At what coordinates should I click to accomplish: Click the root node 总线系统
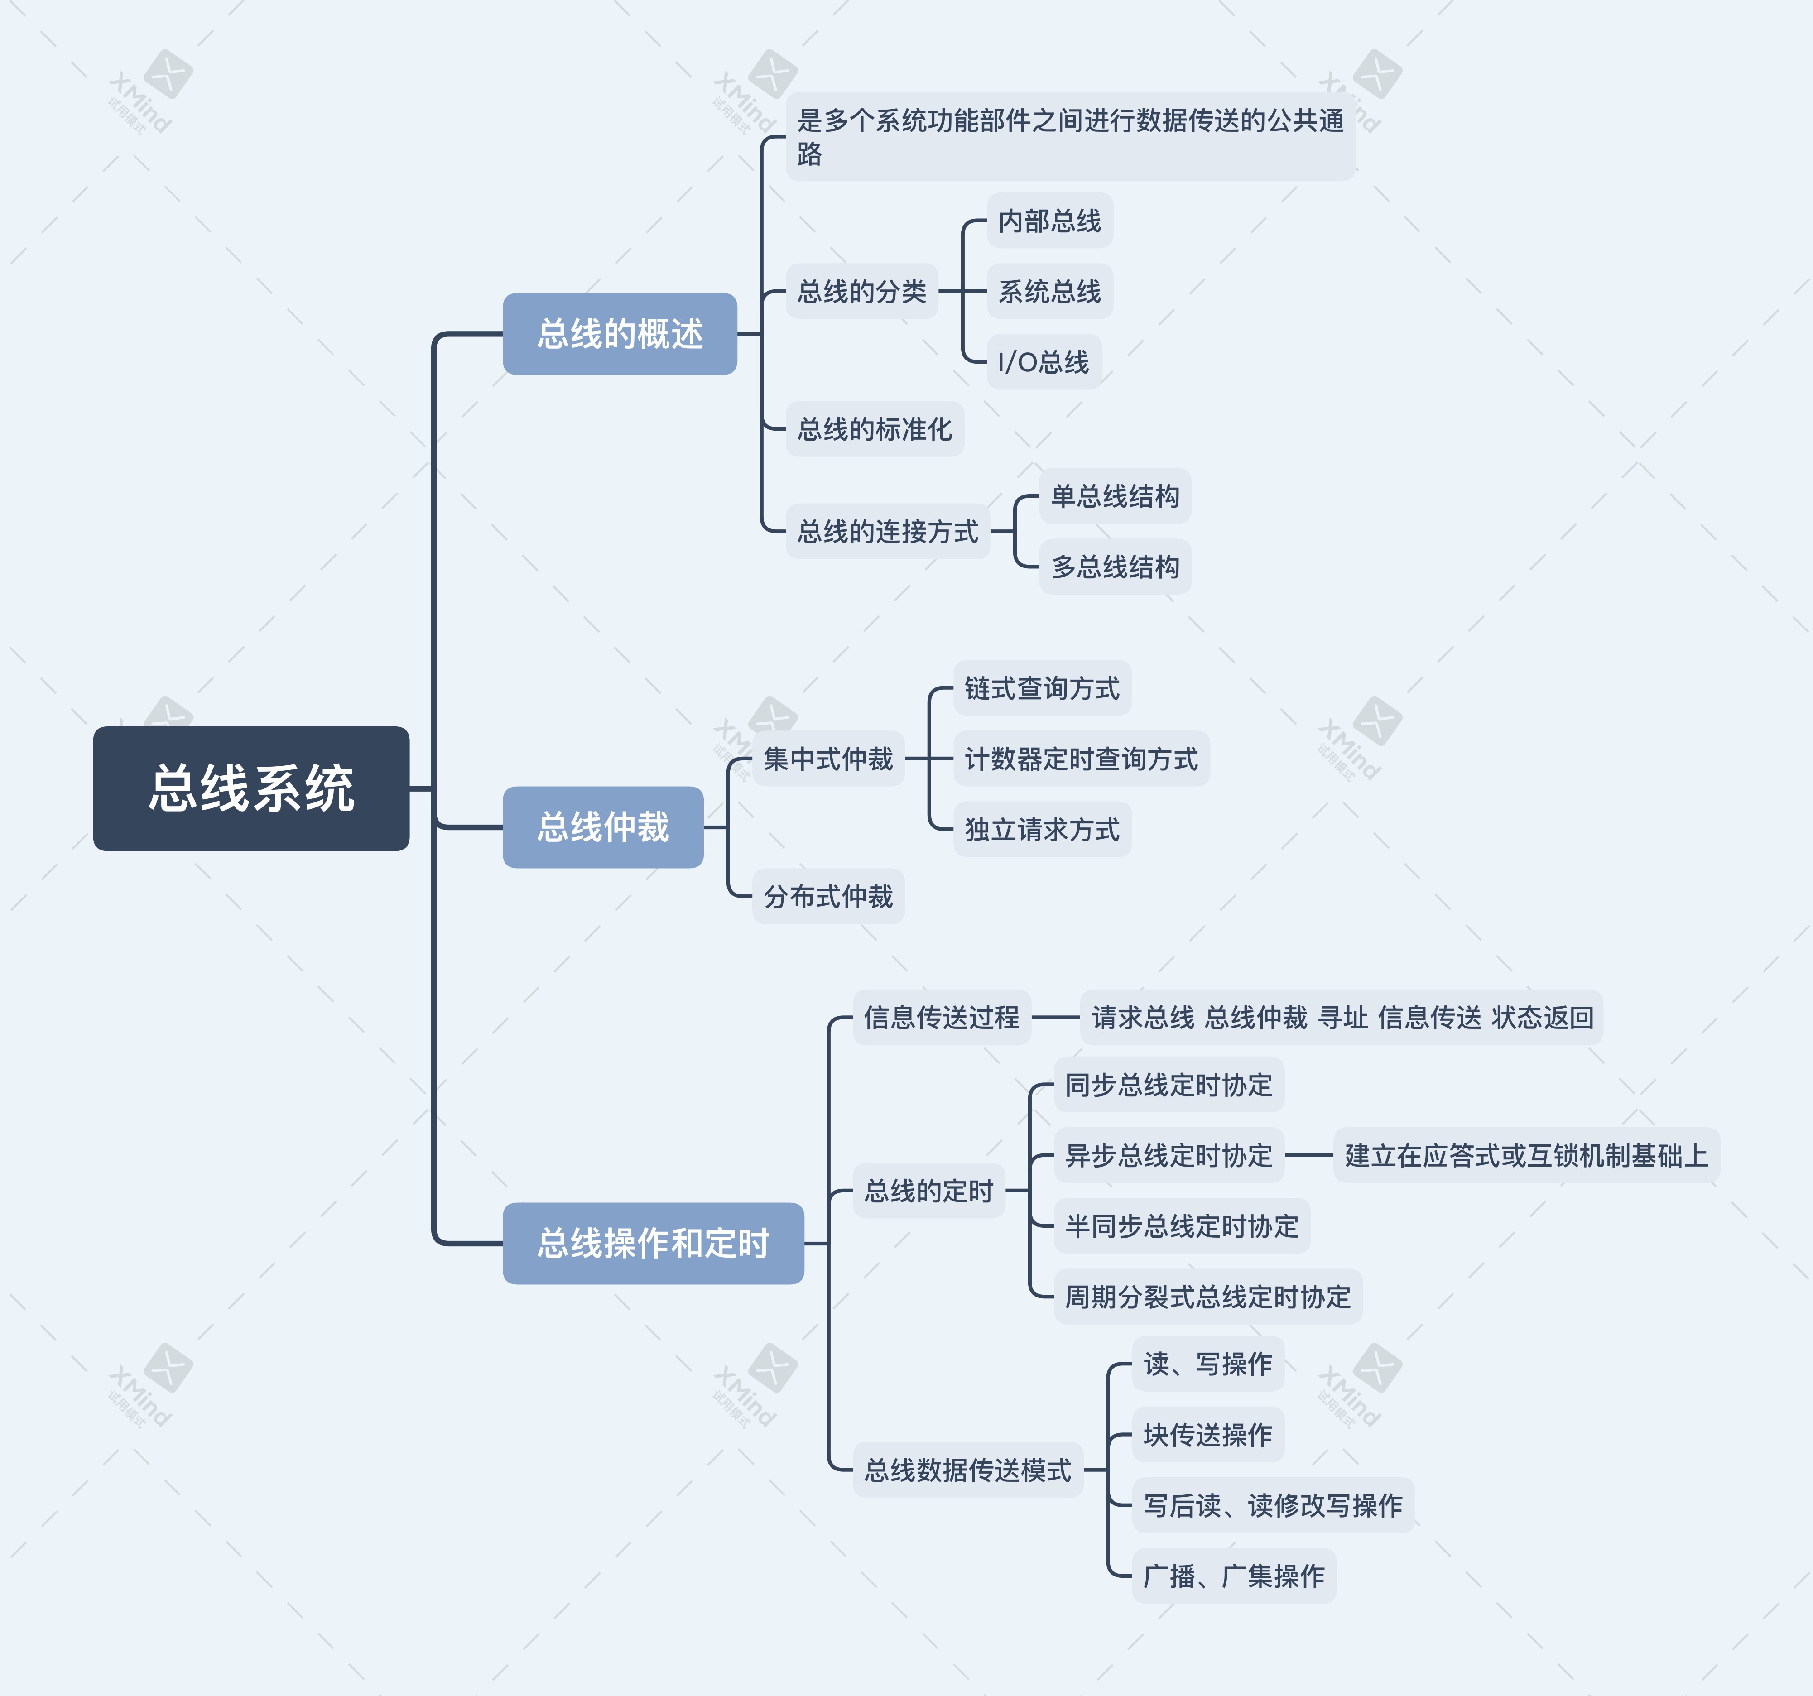(x=251, y=789)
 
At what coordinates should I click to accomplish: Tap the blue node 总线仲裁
(x=603, y=827)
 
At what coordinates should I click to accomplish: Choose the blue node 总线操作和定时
(x=653, y=1243)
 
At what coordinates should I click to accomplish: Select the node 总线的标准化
(x=875, y=428)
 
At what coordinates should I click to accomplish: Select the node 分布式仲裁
(x=828, y=896)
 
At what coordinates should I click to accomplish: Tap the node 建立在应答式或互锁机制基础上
(x=1526, y=1155)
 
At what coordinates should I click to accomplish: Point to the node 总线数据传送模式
(x=967, y=1470)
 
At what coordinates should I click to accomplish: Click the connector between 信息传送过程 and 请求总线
(x=1055, y=1017)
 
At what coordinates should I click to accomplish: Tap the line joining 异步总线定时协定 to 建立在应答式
(x=1308, y=1155)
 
